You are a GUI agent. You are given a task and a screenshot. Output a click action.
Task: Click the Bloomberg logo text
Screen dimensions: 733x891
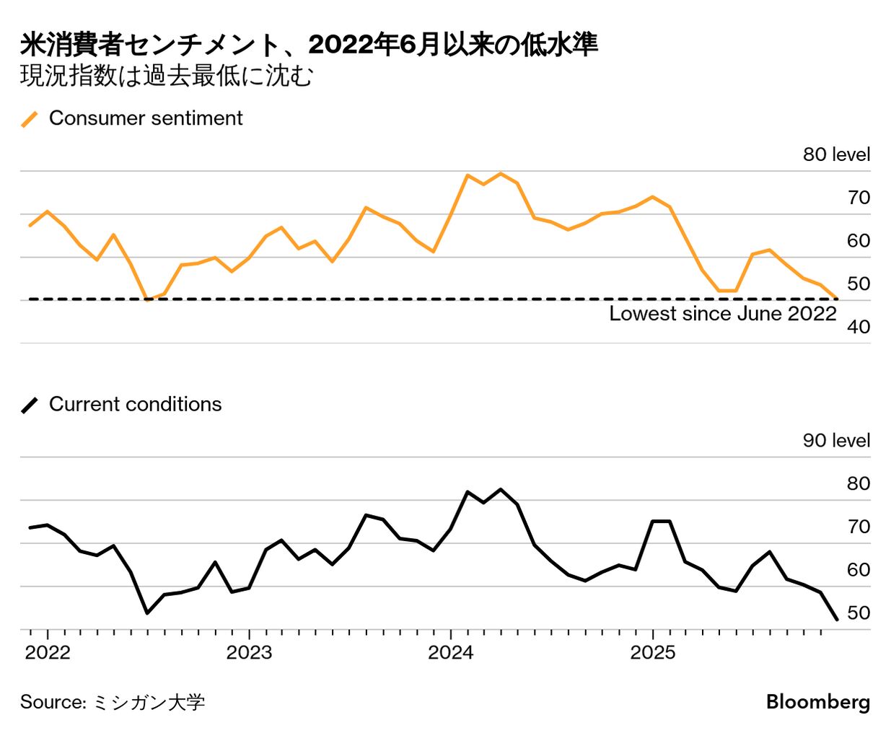[x=817, y=702]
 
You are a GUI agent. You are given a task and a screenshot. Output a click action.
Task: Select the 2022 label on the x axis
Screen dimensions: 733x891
[x=48, y=653]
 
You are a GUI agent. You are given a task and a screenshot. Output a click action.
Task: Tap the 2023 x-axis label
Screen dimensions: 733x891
[x=249, y=653]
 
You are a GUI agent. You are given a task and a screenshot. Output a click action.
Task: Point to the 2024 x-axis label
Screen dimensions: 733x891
[x=450, y=653]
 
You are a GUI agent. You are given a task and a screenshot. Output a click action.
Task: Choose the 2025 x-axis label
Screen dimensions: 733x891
[x=652, y=653]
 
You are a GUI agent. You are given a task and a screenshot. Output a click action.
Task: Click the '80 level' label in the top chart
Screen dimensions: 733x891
[x=836, y=154]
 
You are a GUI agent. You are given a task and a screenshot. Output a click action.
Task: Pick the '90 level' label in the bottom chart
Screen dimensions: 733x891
[x=836, y=440]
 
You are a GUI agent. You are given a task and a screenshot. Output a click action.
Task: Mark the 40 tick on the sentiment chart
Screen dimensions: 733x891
[x=859, y=327]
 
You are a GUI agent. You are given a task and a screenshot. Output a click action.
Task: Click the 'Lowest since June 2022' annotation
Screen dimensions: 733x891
[x=722, y=314]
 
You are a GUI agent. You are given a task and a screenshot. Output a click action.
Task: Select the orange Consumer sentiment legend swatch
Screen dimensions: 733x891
[x=30, y=119]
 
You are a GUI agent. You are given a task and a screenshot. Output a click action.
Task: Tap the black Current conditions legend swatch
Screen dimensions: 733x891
[x=30, y=405]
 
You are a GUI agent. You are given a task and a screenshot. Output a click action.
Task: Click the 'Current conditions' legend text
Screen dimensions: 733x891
[x=135, y=404]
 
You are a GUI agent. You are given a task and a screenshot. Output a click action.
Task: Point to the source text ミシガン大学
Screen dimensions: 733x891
[x=149, y=702]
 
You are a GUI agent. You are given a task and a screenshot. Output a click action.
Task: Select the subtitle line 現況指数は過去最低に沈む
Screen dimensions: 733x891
[x=167, y=76]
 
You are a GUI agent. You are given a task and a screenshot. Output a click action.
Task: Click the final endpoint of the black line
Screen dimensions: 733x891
[x=836, y=619]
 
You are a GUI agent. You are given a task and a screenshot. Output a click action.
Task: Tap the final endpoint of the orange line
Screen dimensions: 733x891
[x=836, y=298]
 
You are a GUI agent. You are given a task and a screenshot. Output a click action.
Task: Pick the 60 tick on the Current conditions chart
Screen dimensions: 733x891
[x=859, y=570]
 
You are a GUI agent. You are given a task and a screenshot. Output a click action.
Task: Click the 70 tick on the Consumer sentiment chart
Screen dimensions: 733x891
[x=859, y=198]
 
